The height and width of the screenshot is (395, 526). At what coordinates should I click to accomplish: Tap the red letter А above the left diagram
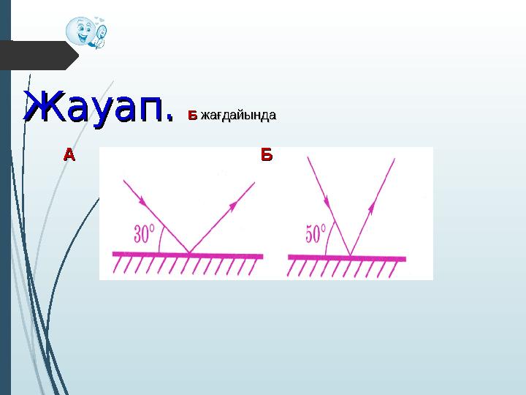tap(69, 155)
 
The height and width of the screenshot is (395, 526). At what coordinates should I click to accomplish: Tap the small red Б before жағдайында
tap(192, 116)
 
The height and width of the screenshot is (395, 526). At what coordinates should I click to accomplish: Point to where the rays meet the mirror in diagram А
tap(189, 254)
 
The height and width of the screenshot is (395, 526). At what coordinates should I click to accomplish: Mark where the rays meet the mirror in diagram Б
tap(350, 256)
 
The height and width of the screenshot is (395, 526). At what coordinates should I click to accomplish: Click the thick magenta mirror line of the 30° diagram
tap(219, 255)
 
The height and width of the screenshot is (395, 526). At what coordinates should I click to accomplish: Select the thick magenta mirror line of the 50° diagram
tap(380, 257)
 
